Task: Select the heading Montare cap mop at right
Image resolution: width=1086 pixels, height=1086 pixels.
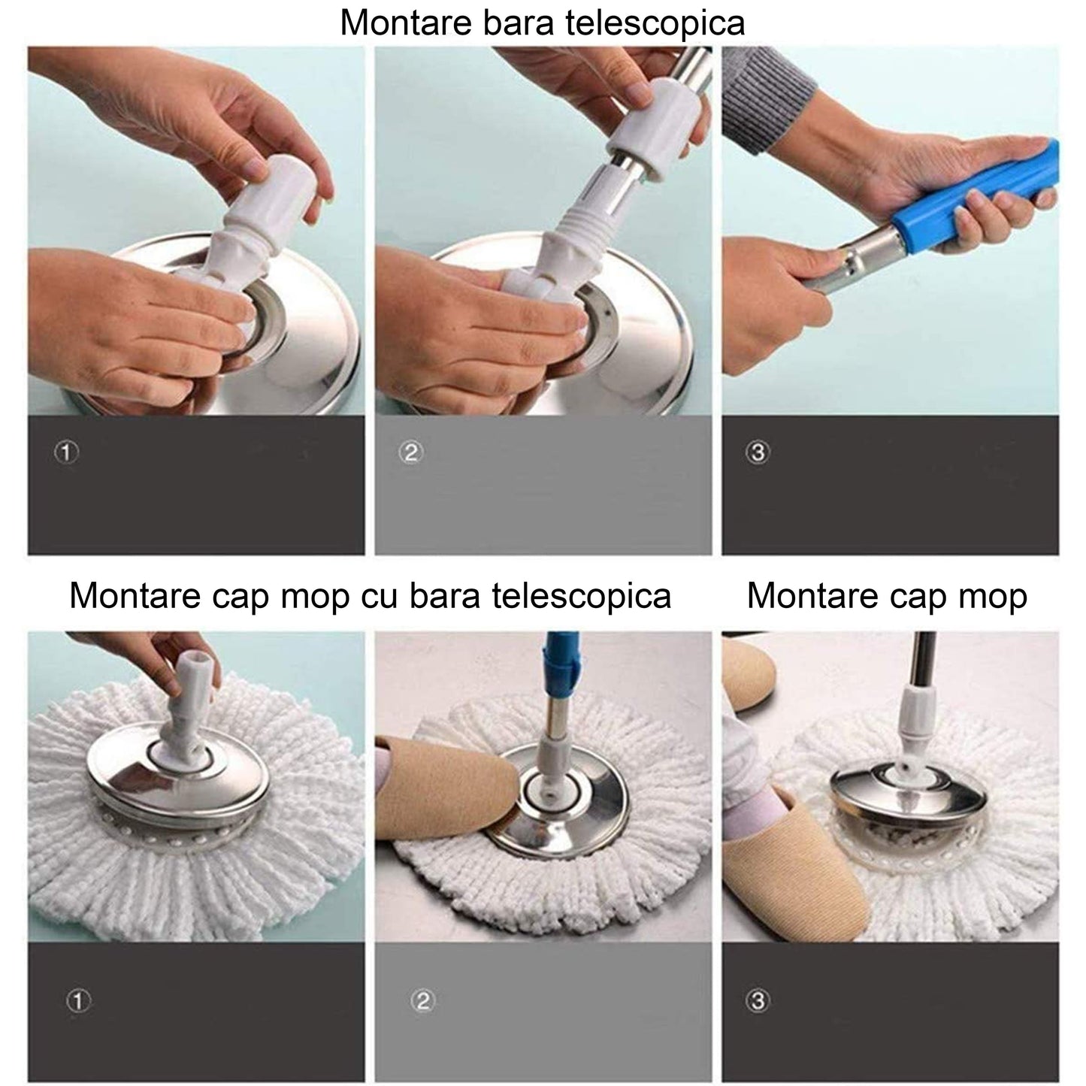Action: tap(886, 596)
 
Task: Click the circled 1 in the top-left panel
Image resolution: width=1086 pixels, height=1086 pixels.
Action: tap(67, 452)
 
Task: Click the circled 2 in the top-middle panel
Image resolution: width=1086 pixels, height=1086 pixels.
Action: tap(412, 452)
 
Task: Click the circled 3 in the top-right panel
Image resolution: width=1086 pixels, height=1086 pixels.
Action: tap(758, 452)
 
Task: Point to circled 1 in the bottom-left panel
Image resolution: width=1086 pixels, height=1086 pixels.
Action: tap(79, 1000)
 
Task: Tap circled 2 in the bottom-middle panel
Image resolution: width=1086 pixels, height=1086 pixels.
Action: tap(424, 1000)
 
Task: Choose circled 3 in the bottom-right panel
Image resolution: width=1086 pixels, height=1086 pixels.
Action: tap(758, 1000)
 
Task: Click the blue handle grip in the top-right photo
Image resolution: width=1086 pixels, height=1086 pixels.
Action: tap(970, 198)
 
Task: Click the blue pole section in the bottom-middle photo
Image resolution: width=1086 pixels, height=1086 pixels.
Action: tap(560, 661)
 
